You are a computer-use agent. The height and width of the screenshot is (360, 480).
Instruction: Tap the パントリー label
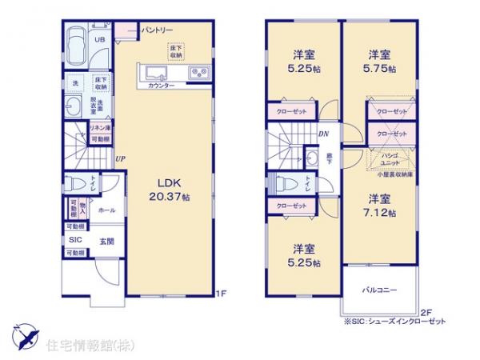pos(157,30)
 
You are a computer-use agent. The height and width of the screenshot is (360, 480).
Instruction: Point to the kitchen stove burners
pos(198,74)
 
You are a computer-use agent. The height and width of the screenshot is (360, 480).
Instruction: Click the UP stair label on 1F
pos(119,158)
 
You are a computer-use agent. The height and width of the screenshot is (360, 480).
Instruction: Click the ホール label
pos(106,210)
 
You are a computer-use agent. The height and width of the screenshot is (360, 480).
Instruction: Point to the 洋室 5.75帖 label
pos(379,62)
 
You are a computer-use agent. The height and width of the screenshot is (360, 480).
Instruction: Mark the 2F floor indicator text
pos(426,311)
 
